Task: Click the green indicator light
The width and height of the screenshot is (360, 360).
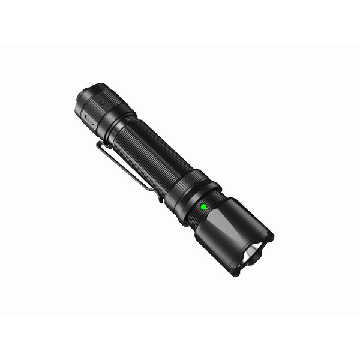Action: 203,206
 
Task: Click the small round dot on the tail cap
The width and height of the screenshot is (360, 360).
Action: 103,103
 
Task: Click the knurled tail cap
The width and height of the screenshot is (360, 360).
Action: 96,108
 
